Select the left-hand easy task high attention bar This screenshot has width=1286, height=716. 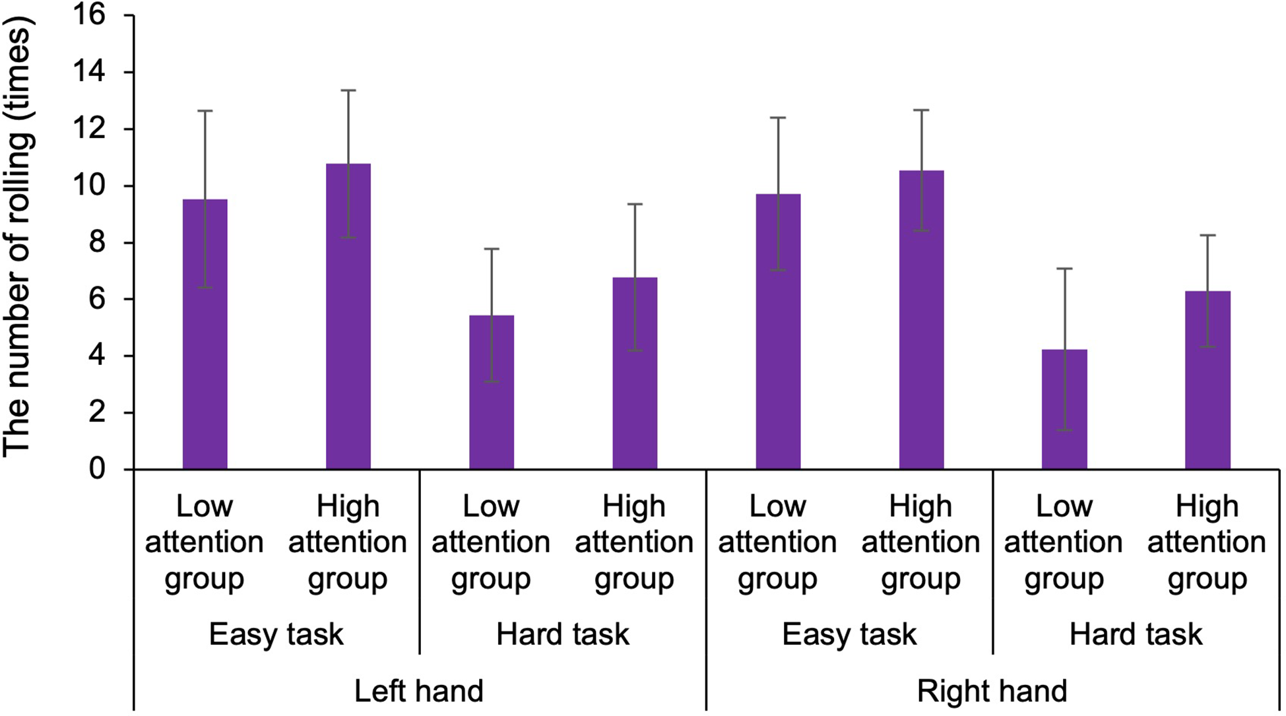click(348, 317)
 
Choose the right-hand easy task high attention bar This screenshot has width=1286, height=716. click(921, 320)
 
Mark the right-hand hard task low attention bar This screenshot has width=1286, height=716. click(1064, 409)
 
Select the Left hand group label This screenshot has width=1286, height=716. click(419, 691)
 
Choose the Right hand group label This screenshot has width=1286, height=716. click(992, 691)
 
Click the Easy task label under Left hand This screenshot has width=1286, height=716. click(276, 634)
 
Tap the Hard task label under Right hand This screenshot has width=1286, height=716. click(1136, 634)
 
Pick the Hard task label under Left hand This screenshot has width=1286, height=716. click(563, 634)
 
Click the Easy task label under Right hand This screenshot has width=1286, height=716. click(849, 634)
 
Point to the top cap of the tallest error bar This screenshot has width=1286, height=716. click(348, 90)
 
